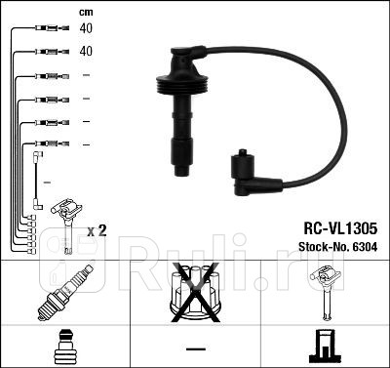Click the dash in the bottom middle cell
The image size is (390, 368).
pyautogui.click(x=195, y=348)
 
